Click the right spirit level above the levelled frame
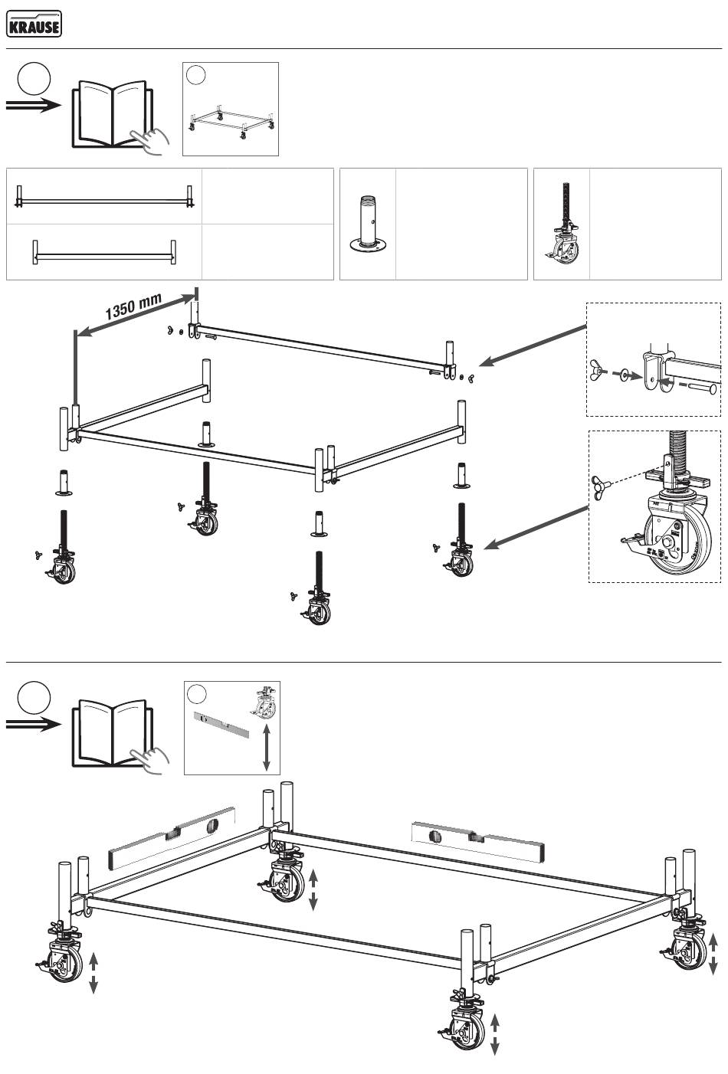[x=477, y=840]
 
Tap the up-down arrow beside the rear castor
[x=313, y=889]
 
